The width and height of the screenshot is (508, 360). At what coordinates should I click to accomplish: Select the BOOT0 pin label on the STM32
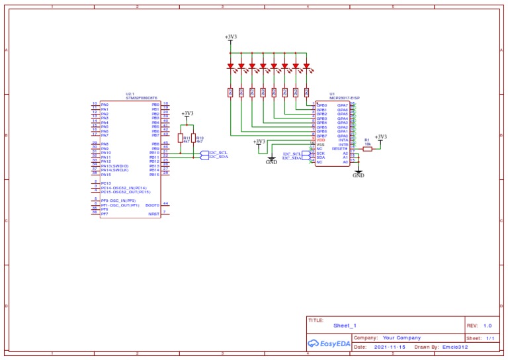pyautogui.click(x=152, y=205)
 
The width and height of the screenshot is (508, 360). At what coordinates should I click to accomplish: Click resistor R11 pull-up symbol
pyautogui.click(x=180, y=138)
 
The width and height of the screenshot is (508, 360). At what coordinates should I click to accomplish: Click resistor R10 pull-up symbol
pyautogui.click(x=193, y=138)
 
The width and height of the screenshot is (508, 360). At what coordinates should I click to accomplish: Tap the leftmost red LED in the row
pyautogui.click(x=230, y=66)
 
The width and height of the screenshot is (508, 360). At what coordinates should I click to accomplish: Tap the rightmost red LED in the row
pyautogui.click(x=307, y=66)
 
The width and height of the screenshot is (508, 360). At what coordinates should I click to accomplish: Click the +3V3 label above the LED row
pyautogui.click(x=230, y=36)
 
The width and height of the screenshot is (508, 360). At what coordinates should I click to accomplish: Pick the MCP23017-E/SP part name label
pyautogui.click(x=335, y=98)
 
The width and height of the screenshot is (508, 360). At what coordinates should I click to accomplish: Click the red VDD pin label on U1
pyautogui.click(x=321, y=140)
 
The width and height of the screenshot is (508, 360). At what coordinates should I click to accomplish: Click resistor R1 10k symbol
pyautogui.click(x=368, y=149)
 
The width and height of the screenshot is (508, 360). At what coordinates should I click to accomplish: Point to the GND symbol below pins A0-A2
pyautogui.click(x=358, y=173)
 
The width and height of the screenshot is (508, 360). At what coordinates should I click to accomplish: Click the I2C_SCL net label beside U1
pyautogui.click(x=292, y=154)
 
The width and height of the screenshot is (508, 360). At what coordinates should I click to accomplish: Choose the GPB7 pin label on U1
pyautogui.click(x=321, y=136)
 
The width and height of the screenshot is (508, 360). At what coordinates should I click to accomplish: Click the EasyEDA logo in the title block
pyautogui.click(x=328, y=343)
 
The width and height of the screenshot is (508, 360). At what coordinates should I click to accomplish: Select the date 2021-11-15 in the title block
pyautogui.click(x=391, y=347)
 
